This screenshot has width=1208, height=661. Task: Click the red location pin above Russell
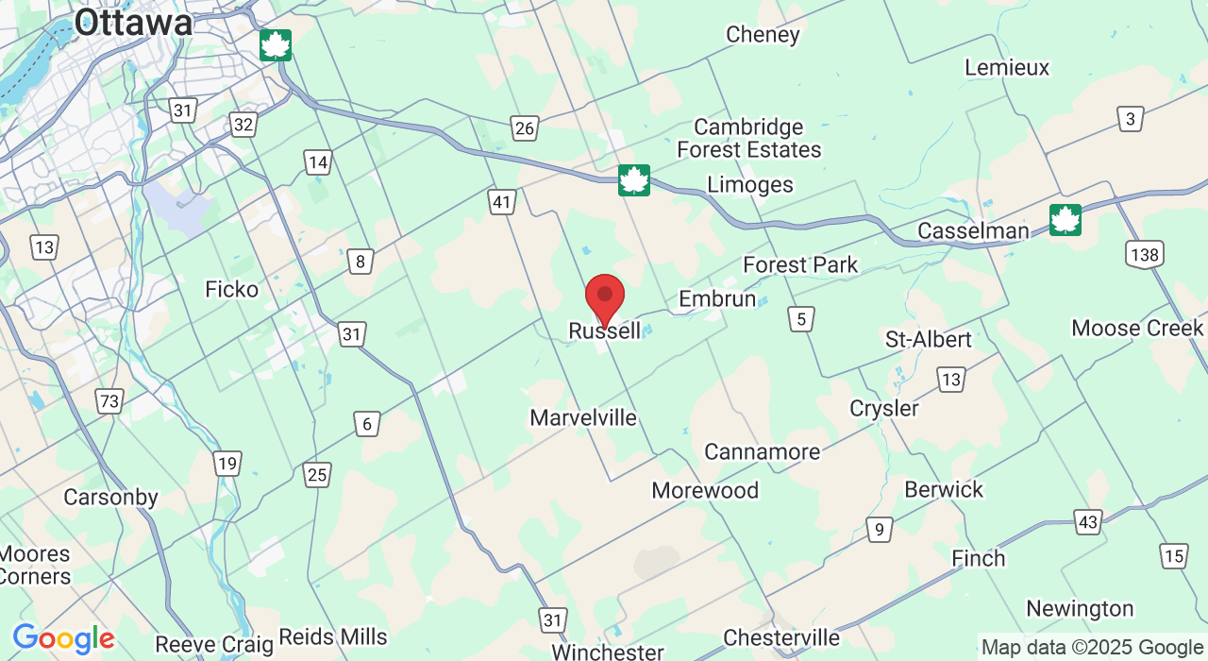[605, 297]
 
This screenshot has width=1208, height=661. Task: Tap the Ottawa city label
[133, 23]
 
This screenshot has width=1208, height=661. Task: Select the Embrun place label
[717, 299]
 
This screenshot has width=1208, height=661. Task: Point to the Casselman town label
[973, 231]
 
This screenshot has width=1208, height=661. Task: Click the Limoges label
[750, 184]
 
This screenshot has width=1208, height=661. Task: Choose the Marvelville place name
[583, 417]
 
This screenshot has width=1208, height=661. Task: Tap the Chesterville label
[781, 638]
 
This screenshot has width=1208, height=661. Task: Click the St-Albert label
[928, 339]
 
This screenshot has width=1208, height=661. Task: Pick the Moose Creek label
[1137, 328]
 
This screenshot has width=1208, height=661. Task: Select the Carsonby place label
[110, 497]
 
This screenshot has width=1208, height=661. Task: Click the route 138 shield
[1145, 254]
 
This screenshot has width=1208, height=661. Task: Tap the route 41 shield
[502, 201]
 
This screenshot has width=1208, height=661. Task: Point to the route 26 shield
[525, 127]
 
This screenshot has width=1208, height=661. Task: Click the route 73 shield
[109, 401]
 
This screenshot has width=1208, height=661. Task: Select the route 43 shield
[1088, 521]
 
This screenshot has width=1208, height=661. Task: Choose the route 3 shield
[1131, 119]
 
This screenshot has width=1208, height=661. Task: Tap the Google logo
[63, 639]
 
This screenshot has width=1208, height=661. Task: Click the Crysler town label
[884, 408]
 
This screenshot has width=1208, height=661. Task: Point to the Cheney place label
[763, 35]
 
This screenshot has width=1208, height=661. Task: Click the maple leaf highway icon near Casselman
[1065, 220]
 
